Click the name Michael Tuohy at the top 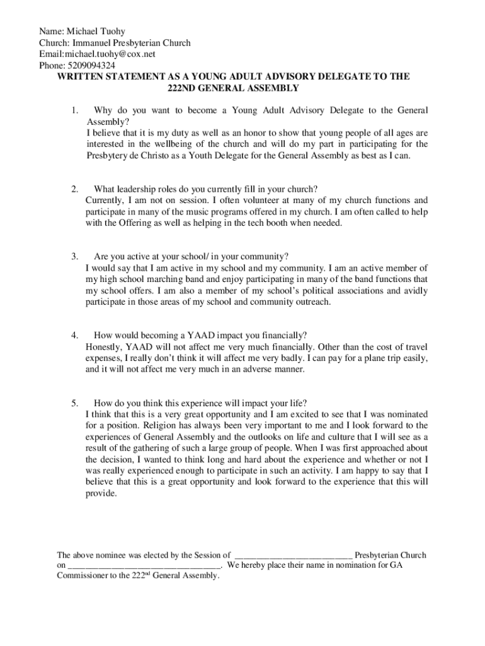pos(98,31)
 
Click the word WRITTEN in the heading pos(82,76)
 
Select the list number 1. pos(74,111)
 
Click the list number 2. pos(74,189)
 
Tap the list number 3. pos(74,256)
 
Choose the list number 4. pos(74,335)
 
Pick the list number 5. pos(74,403)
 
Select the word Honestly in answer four pos(103,346)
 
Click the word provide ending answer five pos(100,494)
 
